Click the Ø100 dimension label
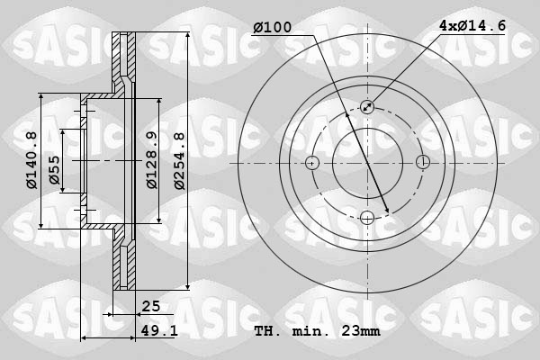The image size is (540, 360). tap(273, 27)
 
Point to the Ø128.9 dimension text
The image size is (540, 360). tap(152, 161)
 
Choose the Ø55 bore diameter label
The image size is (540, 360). tap(55, 167)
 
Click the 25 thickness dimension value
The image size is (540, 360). tap(150, 306)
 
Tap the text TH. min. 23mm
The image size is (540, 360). tap(317, 331)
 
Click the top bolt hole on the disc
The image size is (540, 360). tap(367, 107)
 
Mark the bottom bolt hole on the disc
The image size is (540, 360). tap(367, 217)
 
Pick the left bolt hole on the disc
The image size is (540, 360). tap(312, 163)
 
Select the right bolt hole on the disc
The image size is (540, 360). tap(422, 163)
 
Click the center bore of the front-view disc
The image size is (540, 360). tap(367, 163)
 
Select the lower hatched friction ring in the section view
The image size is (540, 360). tap(123, 261)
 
